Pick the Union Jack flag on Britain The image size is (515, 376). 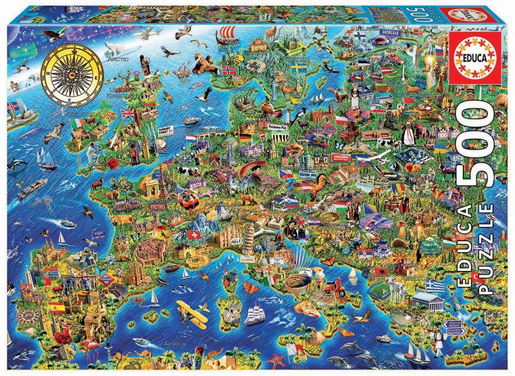tap(128, 114)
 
